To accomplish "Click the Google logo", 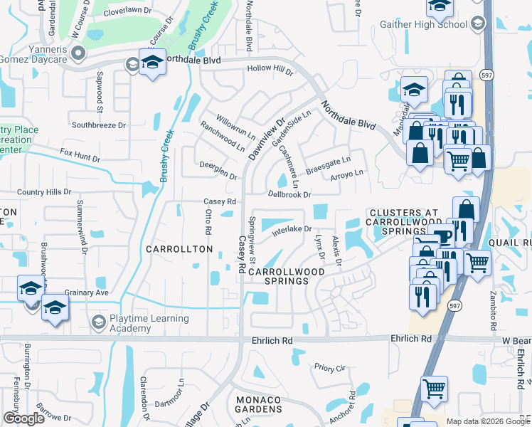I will tap(23, 418).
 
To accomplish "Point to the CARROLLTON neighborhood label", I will tap(179, 249).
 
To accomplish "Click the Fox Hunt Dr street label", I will tap(80, 152).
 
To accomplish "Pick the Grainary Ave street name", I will tap(86, 292).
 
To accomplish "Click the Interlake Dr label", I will tap(292, 229).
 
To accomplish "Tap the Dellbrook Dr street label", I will tap(289, 194).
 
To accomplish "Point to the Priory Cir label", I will tap(329, 368).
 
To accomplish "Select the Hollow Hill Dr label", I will tap(270, 69).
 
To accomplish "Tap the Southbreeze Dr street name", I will tap(98, 125).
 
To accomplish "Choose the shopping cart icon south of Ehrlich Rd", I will tap(433, 389).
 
